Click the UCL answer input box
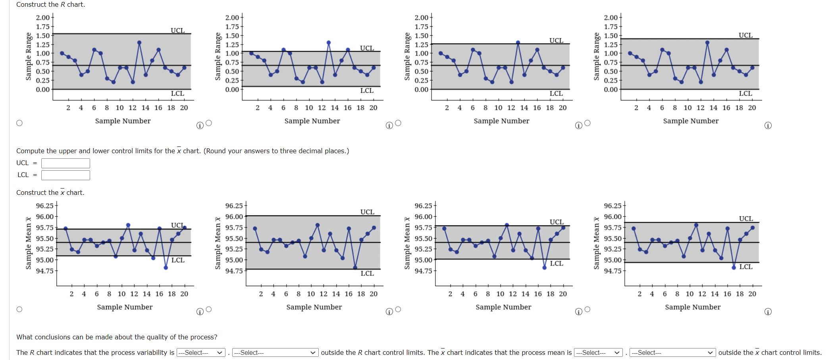(x=65, y=163)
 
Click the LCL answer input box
(x=65, y=175)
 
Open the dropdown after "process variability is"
(x=201, y=352)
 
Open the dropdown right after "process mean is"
(x=598, y=352)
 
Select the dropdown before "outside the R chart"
(x=275, y=352)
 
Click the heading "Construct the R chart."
(x=50, y=4)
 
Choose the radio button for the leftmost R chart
(x=19, y=123)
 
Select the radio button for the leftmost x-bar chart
(x=19, y=309)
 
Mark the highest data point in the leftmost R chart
(x=139, y=42)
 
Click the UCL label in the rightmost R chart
(x=745, y=35)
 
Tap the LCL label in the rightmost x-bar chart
(x=746, y=267)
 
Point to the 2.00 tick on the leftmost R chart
(x=43, y=17)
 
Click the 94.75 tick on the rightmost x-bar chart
(x=613, y=271)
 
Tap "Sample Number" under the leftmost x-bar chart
(x=125, y=307)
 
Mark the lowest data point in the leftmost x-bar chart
(x=166, y=268)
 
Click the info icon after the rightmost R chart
(x=768, y=126)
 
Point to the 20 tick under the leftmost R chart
(x=184, y=108)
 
